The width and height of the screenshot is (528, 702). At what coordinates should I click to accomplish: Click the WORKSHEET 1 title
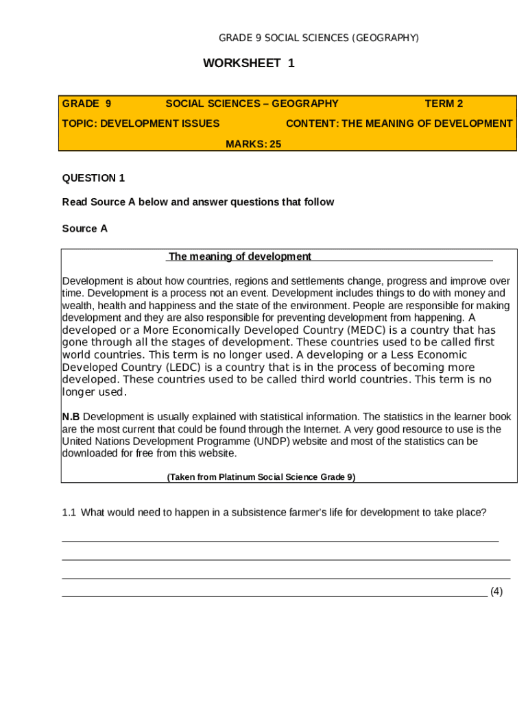(249, 64)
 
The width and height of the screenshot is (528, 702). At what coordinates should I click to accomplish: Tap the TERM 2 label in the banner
(444, 104)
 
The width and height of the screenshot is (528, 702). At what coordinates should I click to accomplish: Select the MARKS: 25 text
(254, 144)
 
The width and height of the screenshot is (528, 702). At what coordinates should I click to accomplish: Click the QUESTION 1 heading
(93, 178)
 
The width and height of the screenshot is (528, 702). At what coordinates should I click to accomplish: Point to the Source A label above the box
(85, 228)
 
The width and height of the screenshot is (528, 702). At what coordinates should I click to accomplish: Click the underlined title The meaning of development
(240, 256)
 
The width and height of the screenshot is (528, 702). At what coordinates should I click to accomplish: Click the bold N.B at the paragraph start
(71, 417)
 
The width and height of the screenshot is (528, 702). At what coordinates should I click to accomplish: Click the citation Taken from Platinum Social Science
(261, 477)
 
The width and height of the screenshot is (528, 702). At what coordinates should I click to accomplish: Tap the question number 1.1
(68, 512)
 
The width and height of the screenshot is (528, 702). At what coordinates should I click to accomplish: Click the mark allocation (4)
(496, 592)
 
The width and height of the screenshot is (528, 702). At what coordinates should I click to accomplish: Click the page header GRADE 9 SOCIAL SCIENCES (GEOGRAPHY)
(318, 38)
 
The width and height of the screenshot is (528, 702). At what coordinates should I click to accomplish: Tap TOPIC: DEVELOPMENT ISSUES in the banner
(141, 123)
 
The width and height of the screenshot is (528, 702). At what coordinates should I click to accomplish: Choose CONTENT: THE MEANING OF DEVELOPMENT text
(398, 123)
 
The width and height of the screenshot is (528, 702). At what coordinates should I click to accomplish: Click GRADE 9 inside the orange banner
(86, 104)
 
